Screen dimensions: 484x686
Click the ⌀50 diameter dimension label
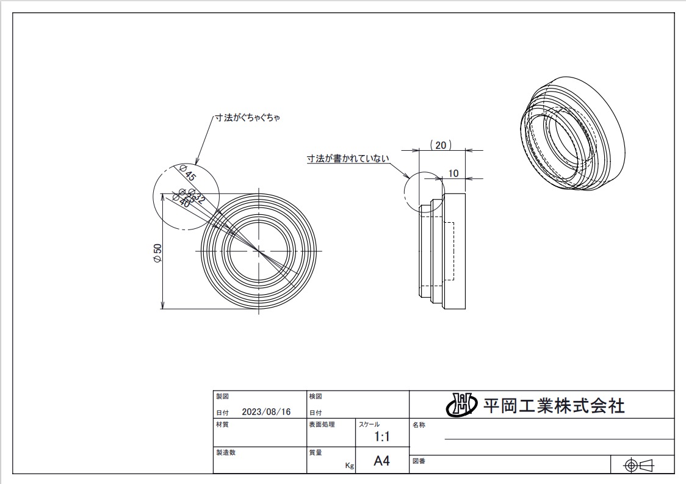157,253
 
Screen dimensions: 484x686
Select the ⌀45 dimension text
187,173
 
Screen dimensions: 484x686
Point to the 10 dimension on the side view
453,173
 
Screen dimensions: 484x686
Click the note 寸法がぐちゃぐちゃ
247,117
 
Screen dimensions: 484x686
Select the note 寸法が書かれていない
347,159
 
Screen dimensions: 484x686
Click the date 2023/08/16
266,412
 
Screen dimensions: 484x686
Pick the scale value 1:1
382,437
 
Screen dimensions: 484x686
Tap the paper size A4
381,461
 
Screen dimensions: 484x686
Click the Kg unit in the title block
349,466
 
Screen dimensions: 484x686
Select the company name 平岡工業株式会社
554,405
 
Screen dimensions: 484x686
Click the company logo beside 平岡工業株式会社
461,404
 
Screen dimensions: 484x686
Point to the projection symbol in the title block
640,466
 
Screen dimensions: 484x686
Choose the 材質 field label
222,425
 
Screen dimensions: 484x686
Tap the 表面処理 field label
322,425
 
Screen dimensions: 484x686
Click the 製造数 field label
225,453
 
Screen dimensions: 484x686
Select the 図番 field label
419,461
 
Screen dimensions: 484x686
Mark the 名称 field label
419,425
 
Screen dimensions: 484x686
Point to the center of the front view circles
259,251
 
